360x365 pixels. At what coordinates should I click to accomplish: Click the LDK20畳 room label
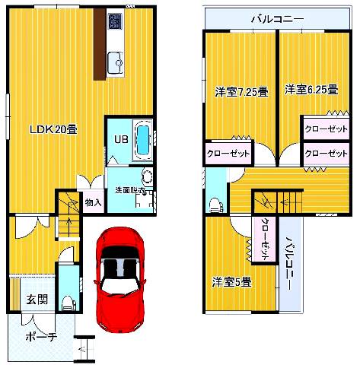click(53, 129)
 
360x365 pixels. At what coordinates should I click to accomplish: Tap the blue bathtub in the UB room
click(142, 140)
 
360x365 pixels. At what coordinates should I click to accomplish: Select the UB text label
click(120, 140)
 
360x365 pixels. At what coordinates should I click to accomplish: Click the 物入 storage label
click(93, 202)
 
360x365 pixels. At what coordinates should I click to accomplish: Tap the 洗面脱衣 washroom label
click(128, 189)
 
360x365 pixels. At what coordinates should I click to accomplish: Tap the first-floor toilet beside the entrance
click(67, 303)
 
